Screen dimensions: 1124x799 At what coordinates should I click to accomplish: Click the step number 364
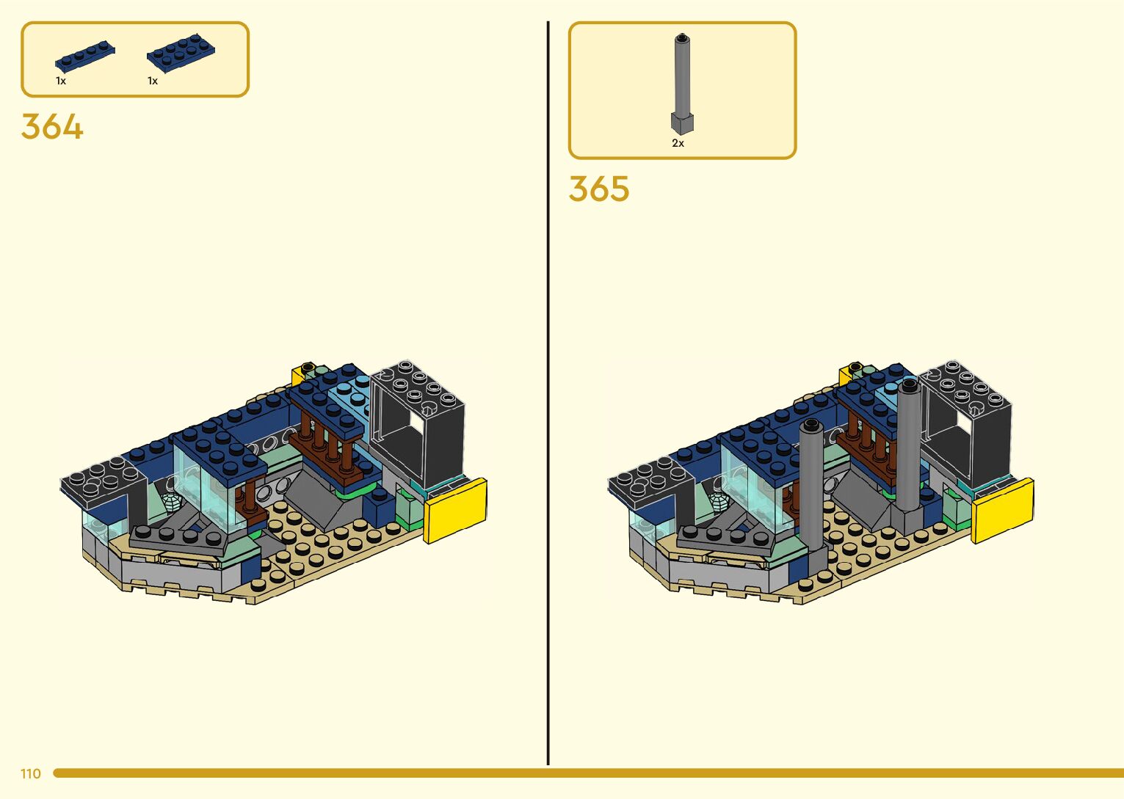coord(52,126)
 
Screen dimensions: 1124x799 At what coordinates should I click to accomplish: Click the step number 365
coord(598,189)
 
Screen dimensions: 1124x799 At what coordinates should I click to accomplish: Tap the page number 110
coord(31,773)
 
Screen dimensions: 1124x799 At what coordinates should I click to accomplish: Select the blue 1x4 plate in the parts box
coord(85,56)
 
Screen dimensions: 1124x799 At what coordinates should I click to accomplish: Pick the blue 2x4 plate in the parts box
coord(181,51)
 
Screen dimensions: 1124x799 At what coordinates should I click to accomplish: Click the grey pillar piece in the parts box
coord(682,84)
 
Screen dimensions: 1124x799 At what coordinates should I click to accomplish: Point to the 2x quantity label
coord(678,144)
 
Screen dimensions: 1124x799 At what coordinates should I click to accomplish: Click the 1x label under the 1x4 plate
coord(61,81)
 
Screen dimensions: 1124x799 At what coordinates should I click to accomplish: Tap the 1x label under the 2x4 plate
coord(153,81)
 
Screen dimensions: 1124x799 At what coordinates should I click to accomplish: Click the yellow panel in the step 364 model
coord(455,511)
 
